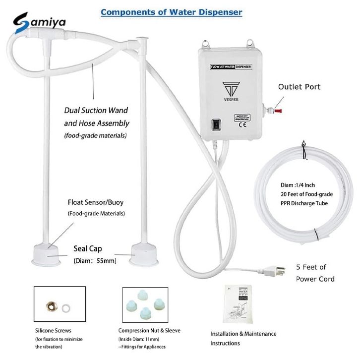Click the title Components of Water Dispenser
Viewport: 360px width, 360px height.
171,11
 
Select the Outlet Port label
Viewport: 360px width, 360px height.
313,87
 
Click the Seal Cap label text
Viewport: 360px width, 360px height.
88,248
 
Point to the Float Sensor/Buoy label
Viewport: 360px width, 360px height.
96,202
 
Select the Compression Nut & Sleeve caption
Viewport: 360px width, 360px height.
149,330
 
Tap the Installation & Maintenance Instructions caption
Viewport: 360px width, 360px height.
243,338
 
